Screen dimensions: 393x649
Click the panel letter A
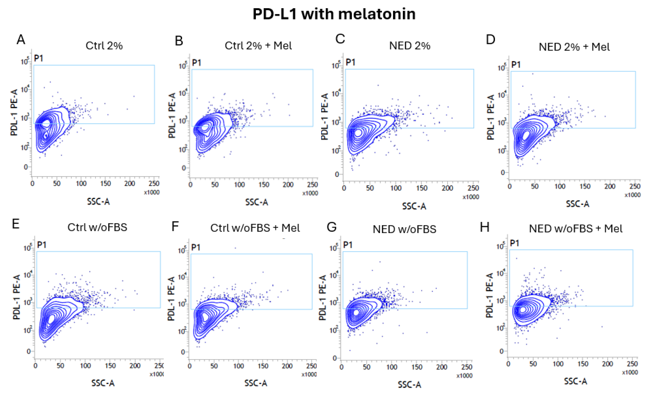click(21, 40)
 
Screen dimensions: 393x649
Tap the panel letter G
click(332, 227)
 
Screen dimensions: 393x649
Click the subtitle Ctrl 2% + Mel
click(258, 46)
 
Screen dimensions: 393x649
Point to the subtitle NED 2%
click(410, 46)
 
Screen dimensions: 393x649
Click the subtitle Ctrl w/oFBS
click(97, 227)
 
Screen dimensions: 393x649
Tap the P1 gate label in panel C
click(350, 62)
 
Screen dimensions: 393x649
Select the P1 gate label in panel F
click(196, 247)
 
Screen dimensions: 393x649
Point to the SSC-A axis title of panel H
click(575, 381)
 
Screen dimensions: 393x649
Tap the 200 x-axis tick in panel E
click(135, 366)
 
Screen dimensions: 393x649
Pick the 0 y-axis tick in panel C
click(337, 174)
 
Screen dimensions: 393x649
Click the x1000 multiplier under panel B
click(310, 193)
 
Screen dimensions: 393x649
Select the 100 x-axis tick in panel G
click(392, 367)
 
